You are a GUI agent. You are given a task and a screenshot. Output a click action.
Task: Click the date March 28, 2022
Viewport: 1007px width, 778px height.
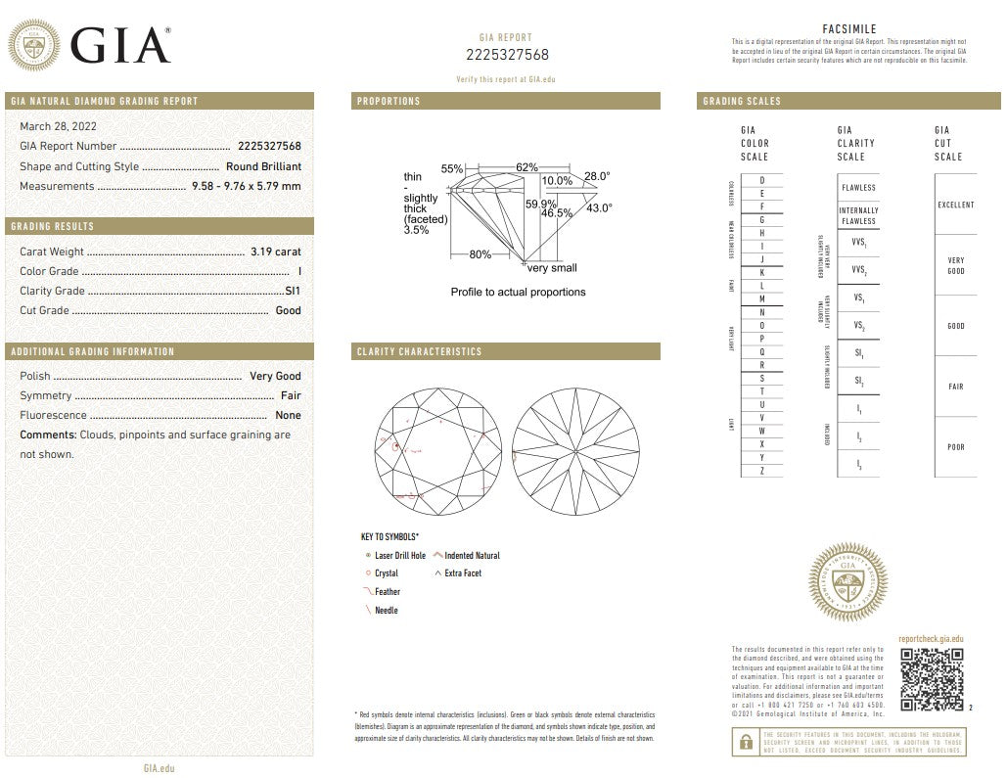pyautogui.click(x=58, y=126)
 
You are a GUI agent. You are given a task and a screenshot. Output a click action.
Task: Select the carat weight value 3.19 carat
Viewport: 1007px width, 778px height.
pyautogui.click(x=275, y=252)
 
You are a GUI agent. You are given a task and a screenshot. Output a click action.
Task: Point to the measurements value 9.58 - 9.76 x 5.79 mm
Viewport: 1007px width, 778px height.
pyautogui.click(x=247, y=186)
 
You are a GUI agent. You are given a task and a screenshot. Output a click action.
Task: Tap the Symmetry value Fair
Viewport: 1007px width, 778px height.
pyautogui.click(x=291, y=395)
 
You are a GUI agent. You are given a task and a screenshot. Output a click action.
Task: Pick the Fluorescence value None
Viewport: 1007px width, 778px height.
pyautogui.click(x=288, y=415)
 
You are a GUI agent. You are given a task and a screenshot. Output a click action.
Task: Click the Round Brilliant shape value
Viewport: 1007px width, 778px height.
pyautogui.click(x=263, y=166)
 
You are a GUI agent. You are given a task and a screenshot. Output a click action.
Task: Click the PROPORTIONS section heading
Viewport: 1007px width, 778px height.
pyautogui.click(x=389, y=101)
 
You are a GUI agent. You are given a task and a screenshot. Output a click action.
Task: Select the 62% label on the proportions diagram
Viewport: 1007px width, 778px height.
pyautogui.click(x=526, y=167)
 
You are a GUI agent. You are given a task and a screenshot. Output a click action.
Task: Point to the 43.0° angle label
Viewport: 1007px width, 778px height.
pyautogui.click(x=599, y=207)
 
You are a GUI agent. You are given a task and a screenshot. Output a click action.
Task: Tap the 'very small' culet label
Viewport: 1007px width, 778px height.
pyautogui.click(x=552, y=268)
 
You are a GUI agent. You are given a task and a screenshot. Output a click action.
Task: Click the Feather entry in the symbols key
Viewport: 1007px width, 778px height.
pyautogui.click(x=387, y=592)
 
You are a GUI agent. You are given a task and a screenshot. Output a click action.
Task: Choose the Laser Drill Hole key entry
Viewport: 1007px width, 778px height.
pyautogui.click(x=399, y=556)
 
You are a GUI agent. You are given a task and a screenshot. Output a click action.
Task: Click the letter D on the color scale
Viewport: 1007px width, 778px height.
pyautogui.click(x=761, y=180)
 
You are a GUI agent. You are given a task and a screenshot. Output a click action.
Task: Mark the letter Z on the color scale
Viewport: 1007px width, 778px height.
pyautogui.click(x=761, y=471)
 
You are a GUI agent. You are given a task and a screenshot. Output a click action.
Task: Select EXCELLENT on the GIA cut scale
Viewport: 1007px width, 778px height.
pyautogui.click(x=955, y=205)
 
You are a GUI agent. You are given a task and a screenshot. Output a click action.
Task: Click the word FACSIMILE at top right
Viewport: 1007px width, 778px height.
pyautogui.click(x=849, y=29)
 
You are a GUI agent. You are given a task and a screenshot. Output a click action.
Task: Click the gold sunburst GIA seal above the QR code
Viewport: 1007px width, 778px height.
pyautogui.click(x=848, y=587)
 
